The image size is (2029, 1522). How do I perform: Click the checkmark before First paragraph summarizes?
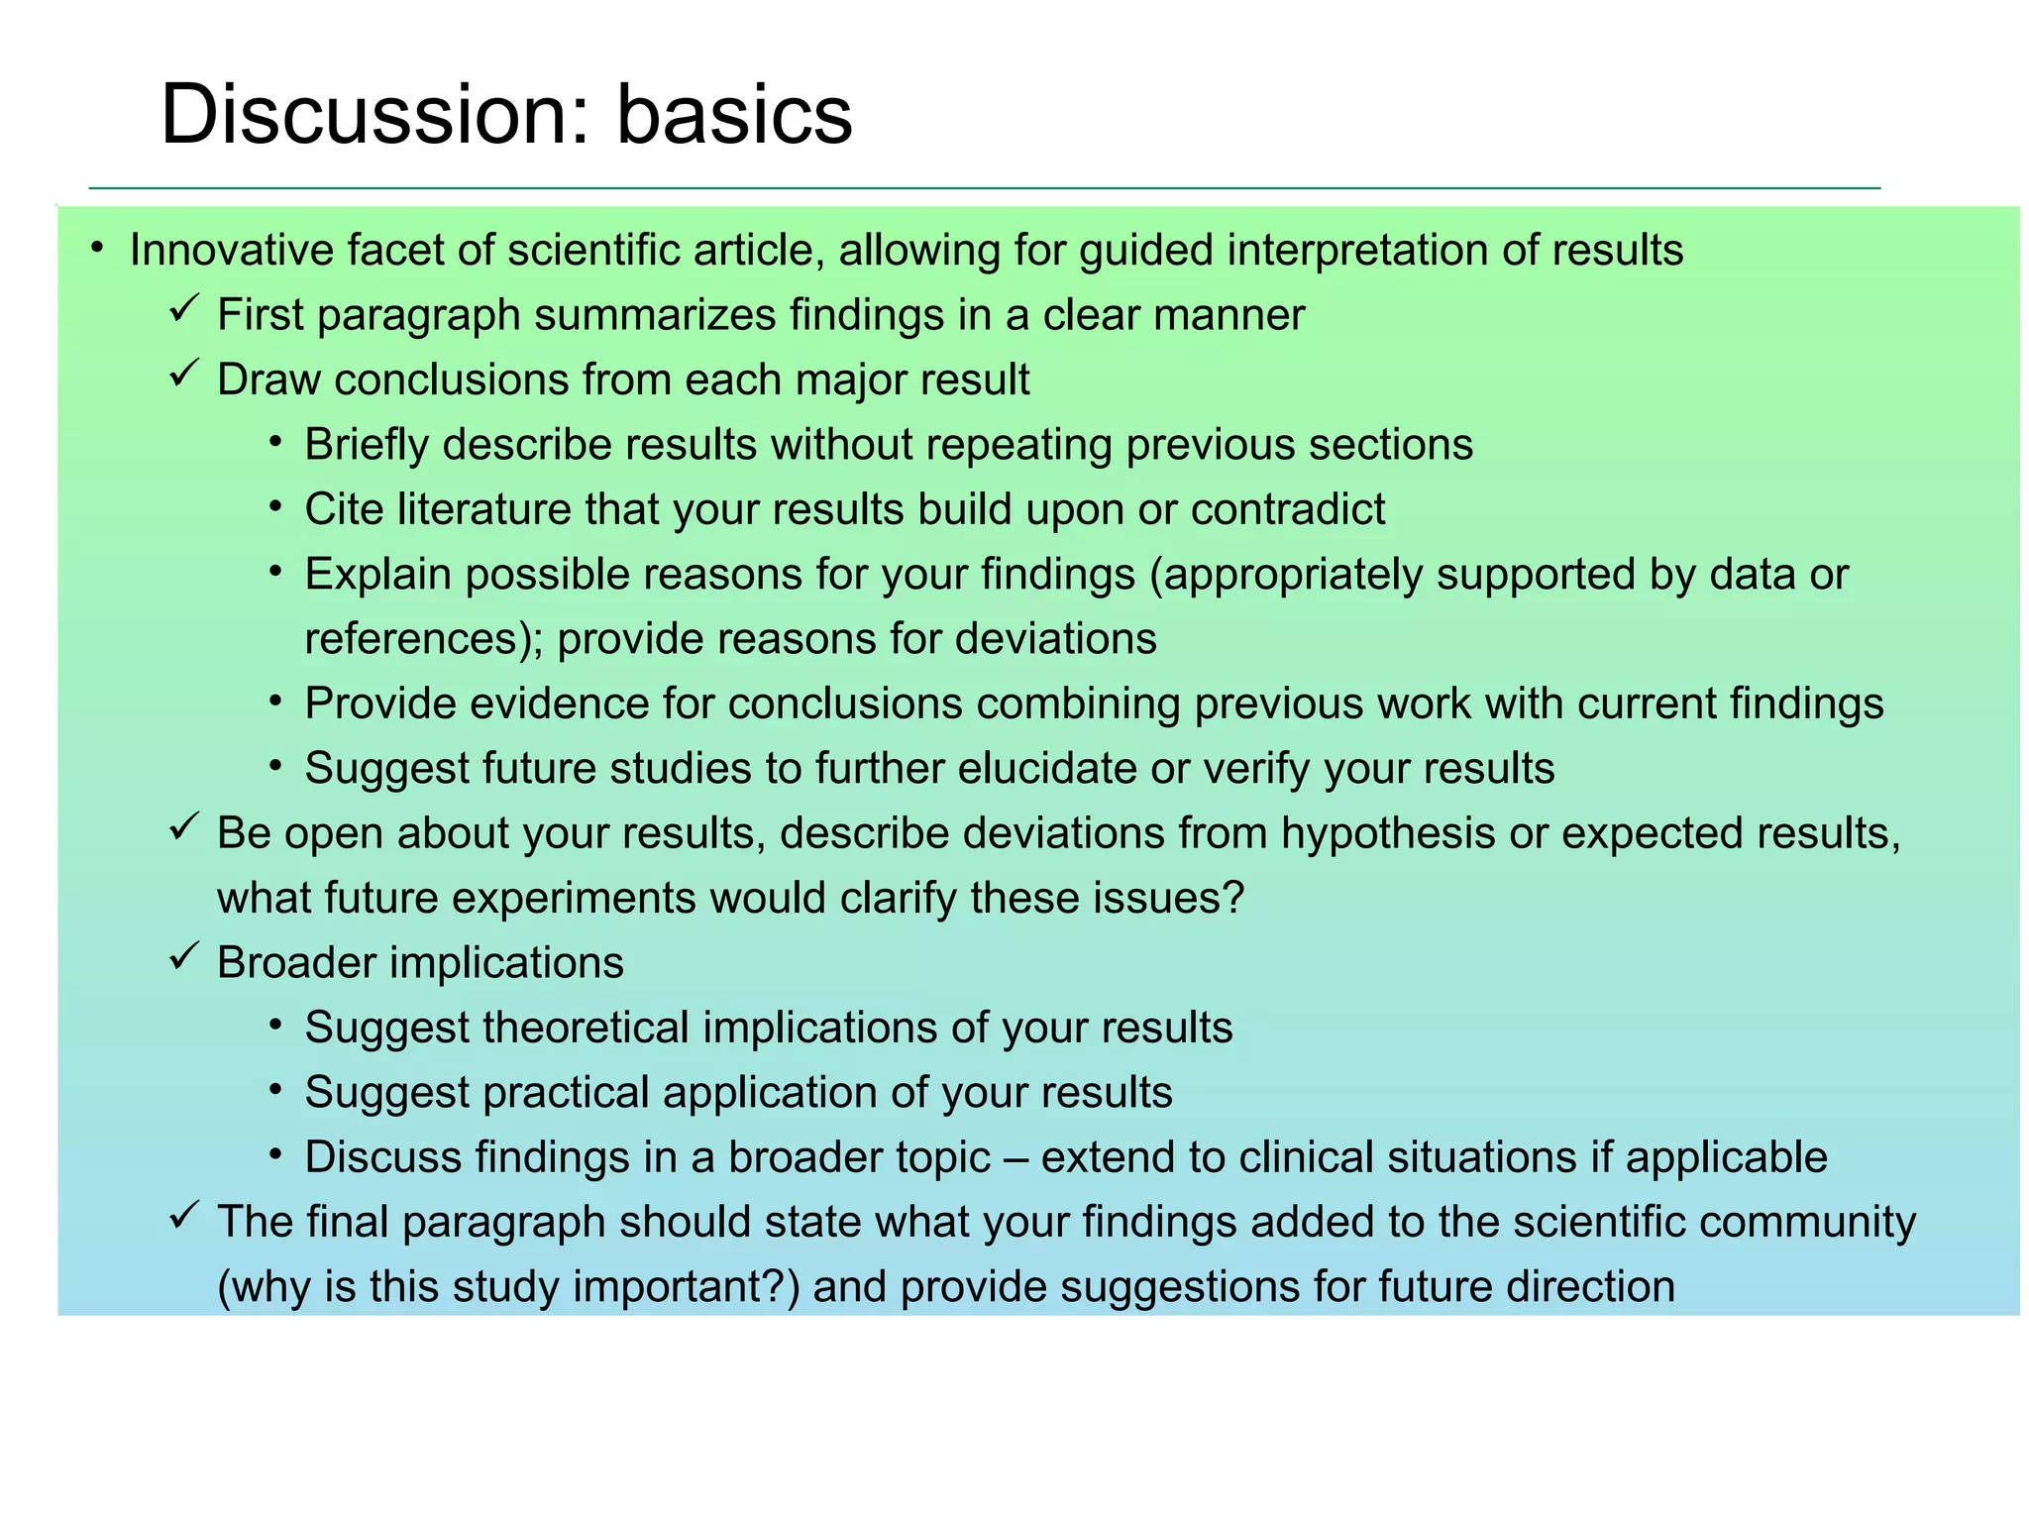(x=184, y=310)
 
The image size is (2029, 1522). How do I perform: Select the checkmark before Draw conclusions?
(x=184, y=375)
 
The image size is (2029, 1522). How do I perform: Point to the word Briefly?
(x=366, y=445)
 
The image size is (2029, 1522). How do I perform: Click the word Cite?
(x=343, y=509)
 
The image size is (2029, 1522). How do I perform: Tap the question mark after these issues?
(x=1233, y=898)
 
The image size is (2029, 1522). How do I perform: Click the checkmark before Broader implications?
(x=184, y=957)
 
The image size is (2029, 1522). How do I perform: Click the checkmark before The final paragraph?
(x=184, y=1216)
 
